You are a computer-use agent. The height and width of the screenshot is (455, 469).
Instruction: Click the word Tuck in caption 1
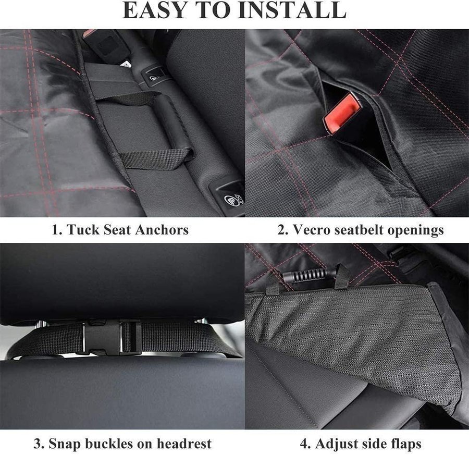click(83, 230)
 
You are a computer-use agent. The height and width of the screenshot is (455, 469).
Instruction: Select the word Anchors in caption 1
click(162, 230)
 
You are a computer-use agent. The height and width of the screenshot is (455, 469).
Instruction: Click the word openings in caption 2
click(416, 230)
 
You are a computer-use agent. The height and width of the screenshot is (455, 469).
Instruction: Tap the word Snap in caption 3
click(65, 444)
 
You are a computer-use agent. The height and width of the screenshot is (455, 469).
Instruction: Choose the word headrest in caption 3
click(184, 444)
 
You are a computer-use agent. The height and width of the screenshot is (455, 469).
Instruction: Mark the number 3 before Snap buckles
click(38, 444)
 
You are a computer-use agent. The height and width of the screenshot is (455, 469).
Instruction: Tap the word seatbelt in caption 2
click(359, 230)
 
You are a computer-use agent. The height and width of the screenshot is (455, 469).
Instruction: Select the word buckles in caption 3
click(109, 444)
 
